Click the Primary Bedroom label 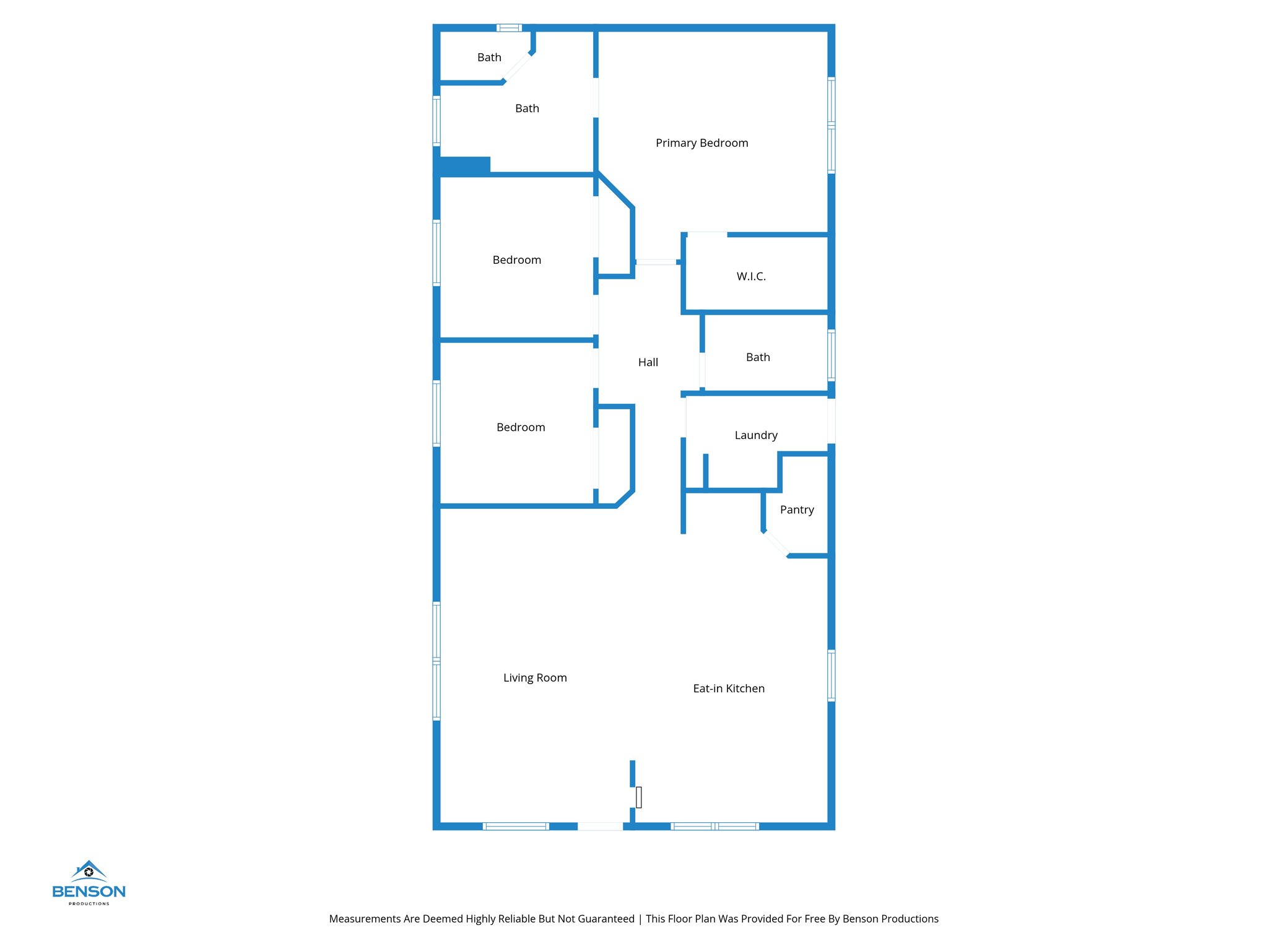(x=701, y=143)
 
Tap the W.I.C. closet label (x=751, y=276)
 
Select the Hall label (x=648, y=362)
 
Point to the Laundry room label (x=756, y=435)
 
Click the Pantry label (x=797, y=510)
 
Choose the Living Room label (x=535, y=678)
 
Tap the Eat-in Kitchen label (x=729, y=688)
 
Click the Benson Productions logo (x=89, y=883)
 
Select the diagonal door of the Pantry (x=776, y=544)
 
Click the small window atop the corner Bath (x=509, y=28)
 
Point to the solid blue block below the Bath (x=464, y=165)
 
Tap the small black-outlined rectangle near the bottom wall (x=638, y=797)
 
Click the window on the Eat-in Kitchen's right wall (x=831, y=675)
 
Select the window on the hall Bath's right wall (x=831, y=355)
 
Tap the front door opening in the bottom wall (x=600, y=826)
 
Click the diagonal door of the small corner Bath (x=517, y=67)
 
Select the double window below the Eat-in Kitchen (x=714, y=826)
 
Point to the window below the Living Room (x=515, y=826)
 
